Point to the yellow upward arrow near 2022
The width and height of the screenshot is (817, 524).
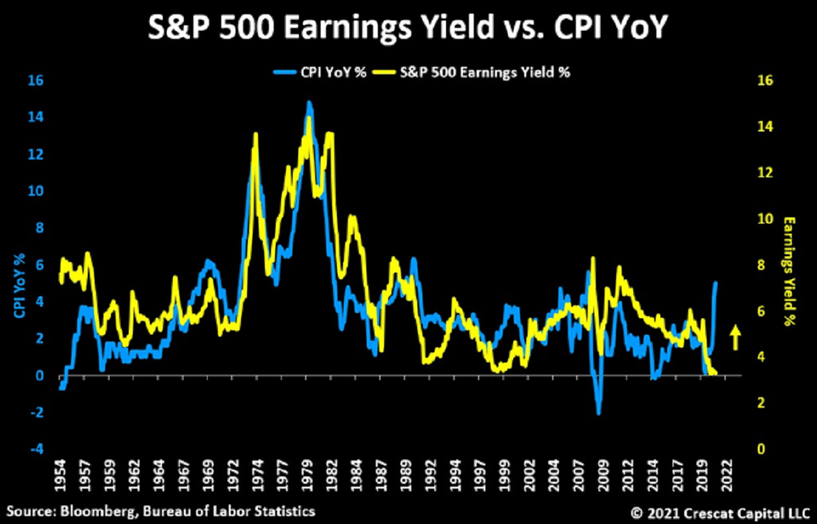[735, 337]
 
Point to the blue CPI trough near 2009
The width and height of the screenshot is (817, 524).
[598, 413]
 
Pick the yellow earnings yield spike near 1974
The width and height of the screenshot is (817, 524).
[255, 135]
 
